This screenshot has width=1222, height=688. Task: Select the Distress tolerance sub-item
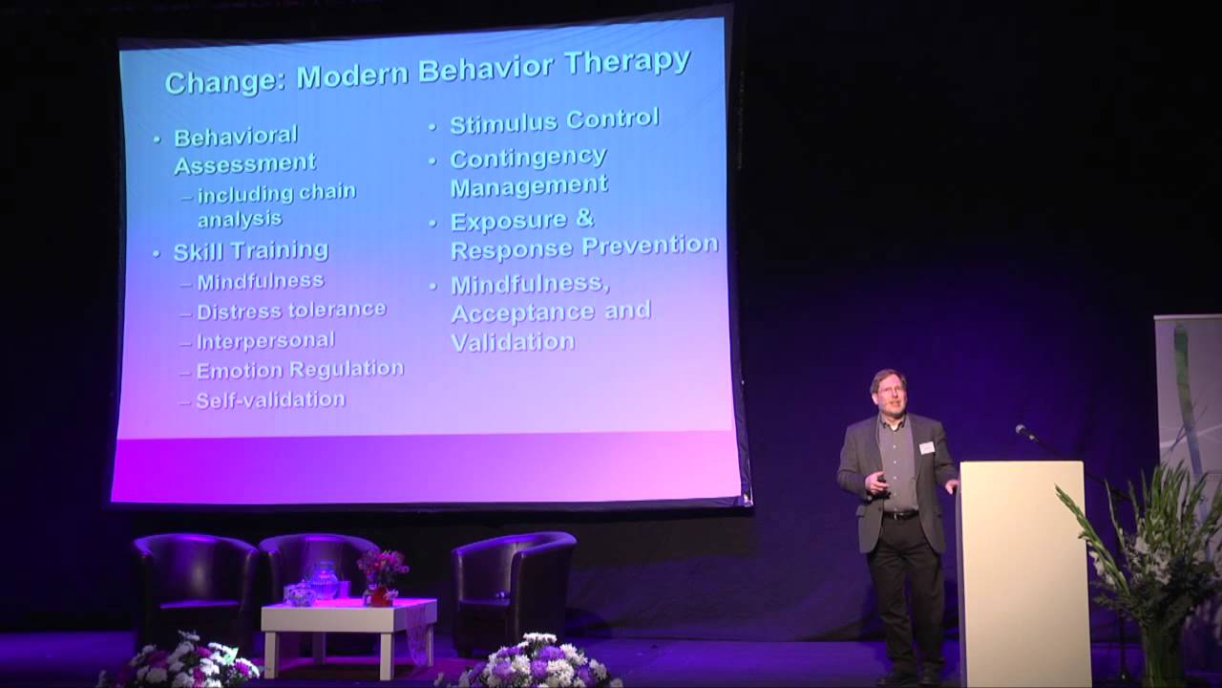pos(290,311)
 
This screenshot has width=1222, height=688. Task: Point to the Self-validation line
pos(270,399)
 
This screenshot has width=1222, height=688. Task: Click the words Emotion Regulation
pos(299,370)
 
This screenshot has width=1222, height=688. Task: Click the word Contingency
pos(528,158)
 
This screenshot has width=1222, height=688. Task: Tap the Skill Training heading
pos(250,251)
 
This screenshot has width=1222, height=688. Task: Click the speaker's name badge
pos(925,447)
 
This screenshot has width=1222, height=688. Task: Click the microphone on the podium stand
pos(1024,432)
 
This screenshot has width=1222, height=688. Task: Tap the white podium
pos(1023,573)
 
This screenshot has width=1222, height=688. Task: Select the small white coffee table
pos(348,621)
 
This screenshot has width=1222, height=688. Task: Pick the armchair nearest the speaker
pos(513,583)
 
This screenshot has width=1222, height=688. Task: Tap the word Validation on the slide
pos(513,342)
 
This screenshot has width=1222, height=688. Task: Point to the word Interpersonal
pos(265,340)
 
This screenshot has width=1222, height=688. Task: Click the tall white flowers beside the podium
pos(1136,545)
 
